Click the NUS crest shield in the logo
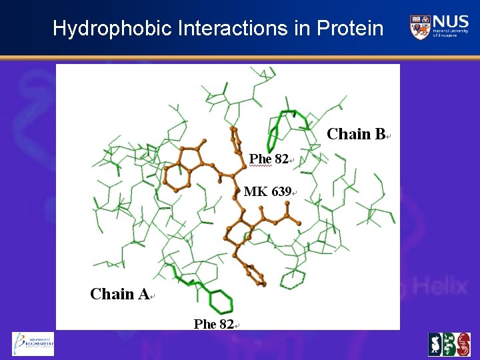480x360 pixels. pos(419,27)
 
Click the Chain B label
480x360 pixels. pos(356,135)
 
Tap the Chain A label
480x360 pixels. pos(119,294)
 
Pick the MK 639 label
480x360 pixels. pos(267,192)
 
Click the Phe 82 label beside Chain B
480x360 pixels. pos(269,159)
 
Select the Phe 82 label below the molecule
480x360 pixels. pos(213,325)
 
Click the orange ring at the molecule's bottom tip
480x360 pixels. pos(254,274)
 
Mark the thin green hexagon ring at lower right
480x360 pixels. pos(292,278)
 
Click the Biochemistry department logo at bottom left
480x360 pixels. pos(33,344)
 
